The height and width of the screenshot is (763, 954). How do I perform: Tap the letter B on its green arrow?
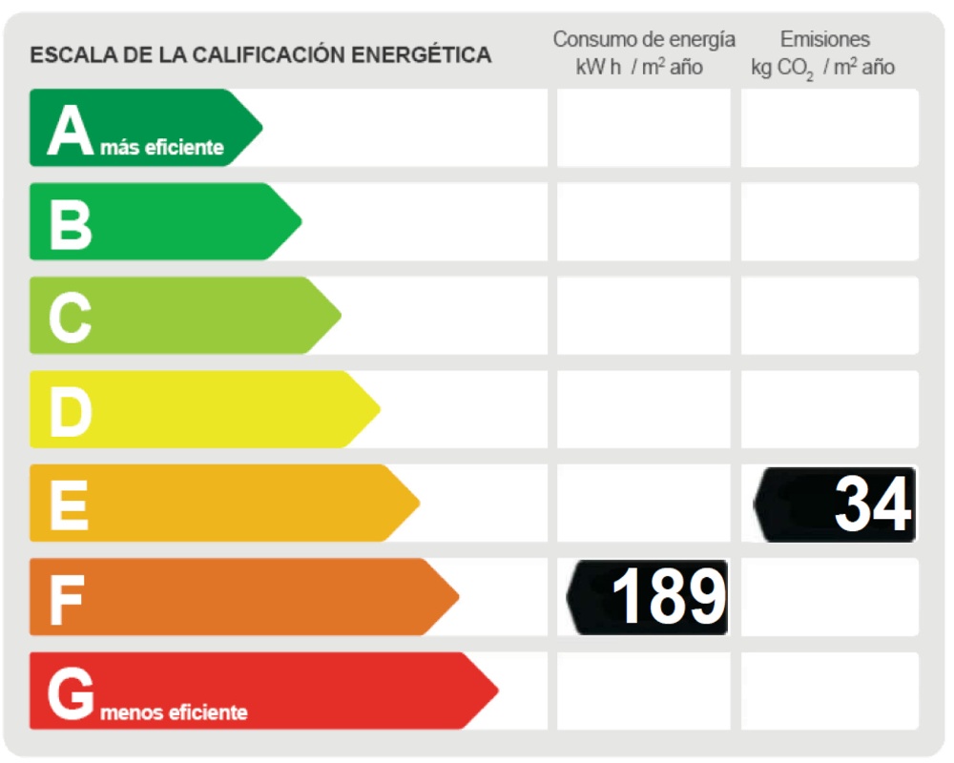71,223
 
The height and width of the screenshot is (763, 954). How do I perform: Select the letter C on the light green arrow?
71,318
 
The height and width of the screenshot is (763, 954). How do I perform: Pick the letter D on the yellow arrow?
71,411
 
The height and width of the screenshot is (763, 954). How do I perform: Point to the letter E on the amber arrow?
69,505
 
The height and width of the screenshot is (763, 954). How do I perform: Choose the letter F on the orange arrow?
67,599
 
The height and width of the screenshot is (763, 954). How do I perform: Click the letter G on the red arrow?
71,693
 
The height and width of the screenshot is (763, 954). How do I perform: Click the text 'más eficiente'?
162,148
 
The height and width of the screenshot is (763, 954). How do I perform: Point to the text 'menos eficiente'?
174,712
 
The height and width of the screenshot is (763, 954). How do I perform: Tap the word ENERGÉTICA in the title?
422,55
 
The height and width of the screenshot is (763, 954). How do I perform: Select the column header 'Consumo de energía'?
644,39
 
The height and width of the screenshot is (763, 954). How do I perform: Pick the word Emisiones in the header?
825,39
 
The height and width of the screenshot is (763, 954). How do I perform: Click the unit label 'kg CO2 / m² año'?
823,69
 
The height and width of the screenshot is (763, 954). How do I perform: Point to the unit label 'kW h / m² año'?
639,68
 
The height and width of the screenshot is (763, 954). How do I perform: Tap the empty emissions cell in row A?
830,128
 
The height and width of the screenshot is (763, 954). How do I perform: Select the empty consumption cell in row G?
644,691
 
